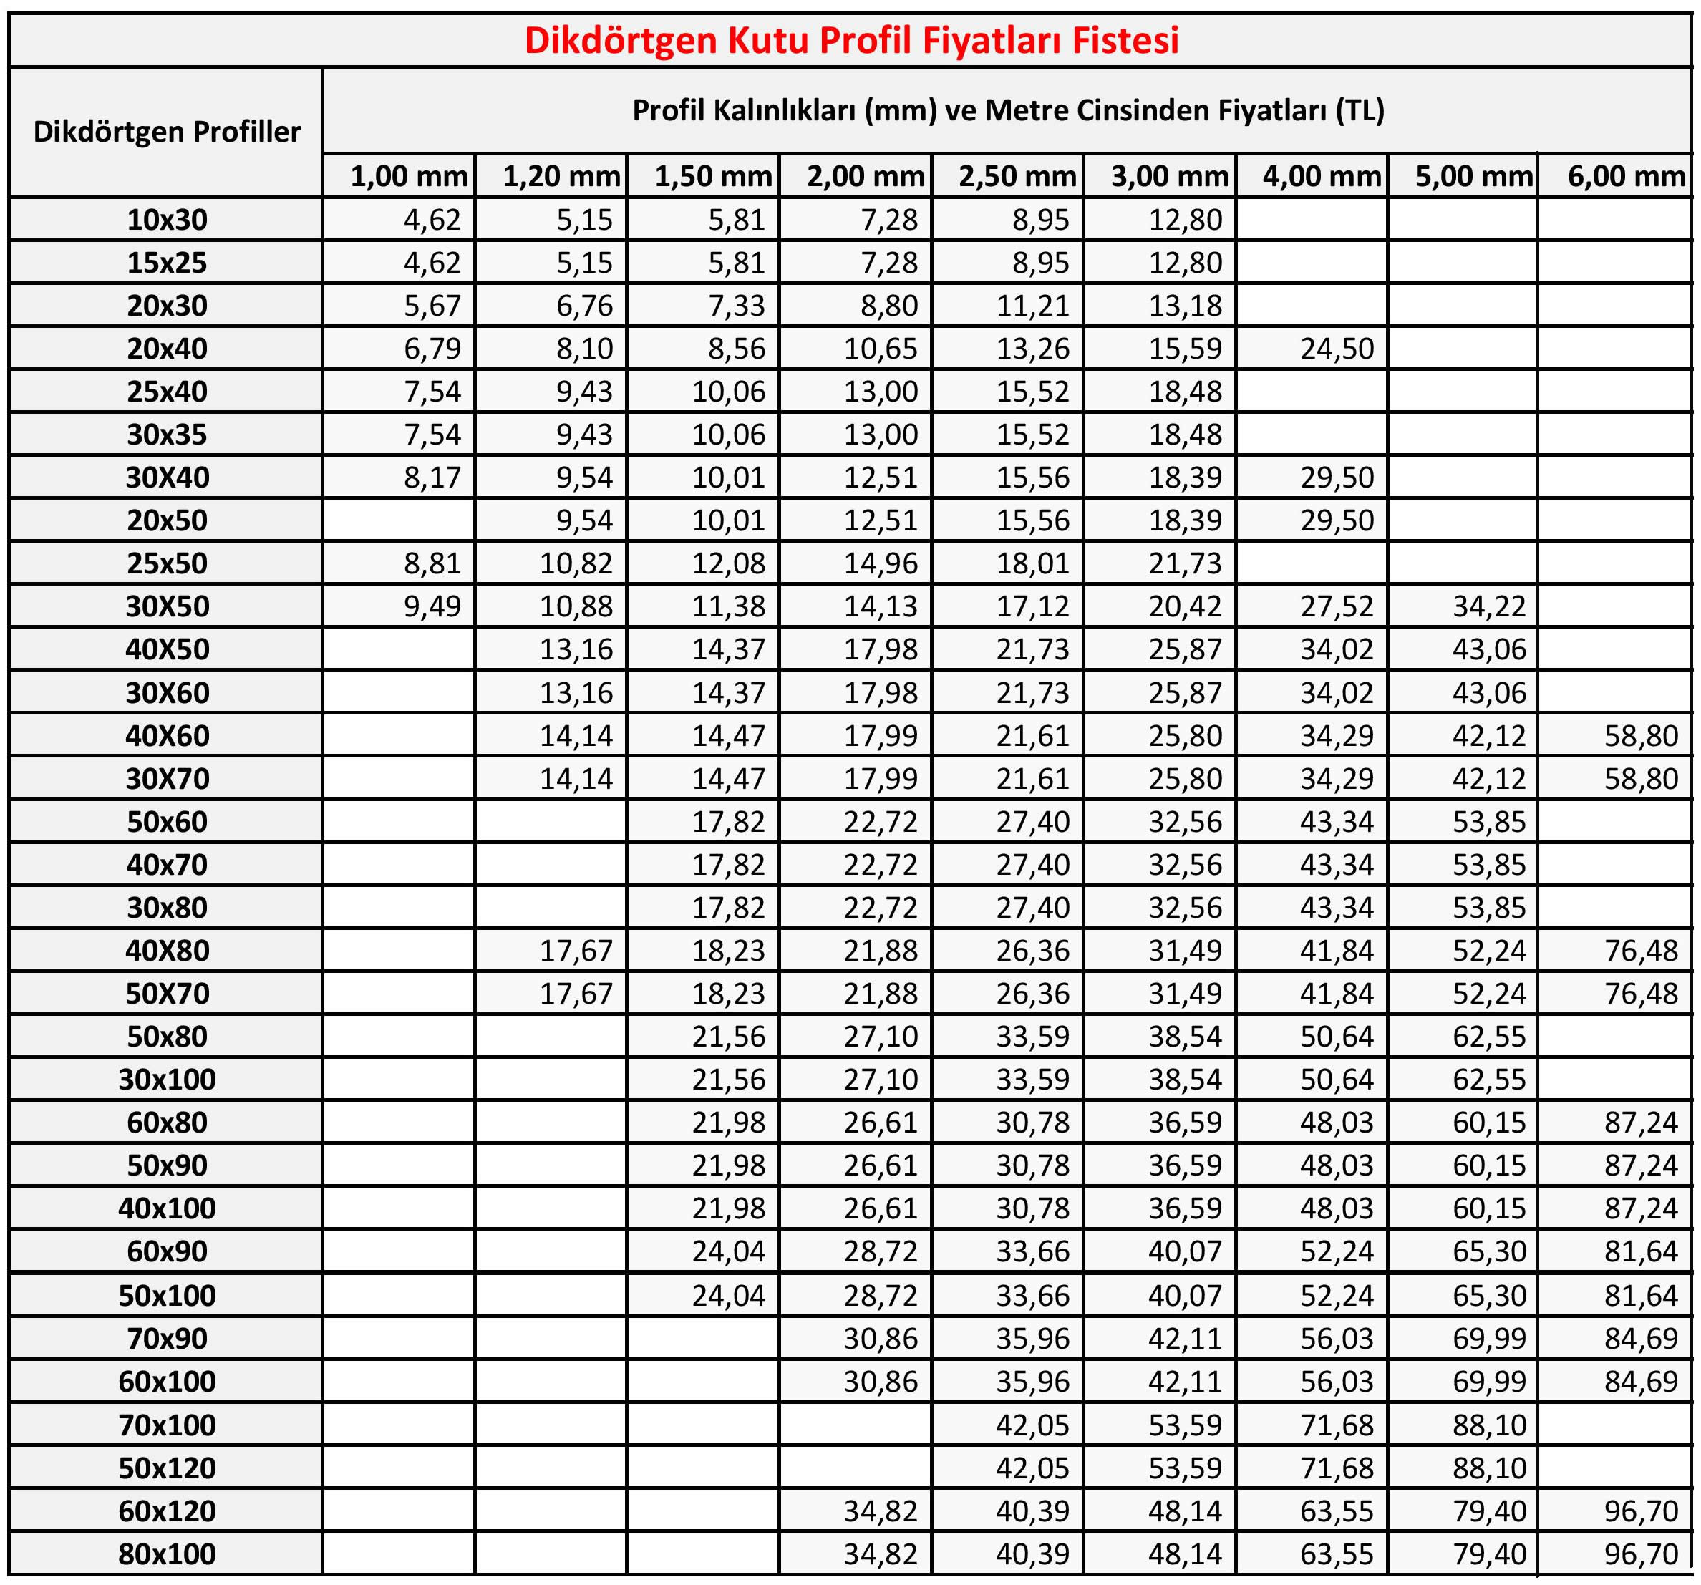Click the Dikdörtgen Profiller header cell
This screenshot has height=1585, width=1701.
point(167,132)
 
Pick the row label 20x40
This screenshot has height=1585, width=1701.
point(167,349)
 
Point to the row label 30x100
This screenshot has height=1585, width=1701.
point(167,1079)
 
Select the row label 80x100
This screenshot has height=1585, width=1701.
point(167,1554)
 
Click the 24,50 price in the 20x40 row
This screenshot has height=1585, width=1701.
point(1337,349)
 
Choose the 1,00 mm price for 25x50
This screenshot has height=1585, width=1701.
point(432,564)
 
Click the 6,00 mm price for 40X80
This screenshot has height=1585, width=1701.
point(1641,951)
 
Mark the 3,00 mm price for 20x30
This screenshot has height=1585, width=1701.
point(1185,306)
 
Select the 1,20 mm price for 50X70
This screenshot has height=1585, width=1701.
point(576,994)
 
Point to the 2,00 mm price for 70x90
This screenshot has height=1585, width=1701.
point(881,1339)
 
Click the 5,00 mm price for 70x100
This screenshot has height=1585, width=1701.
point(1489,1425)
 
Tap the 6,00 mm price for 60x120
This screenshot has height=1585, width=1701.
point(1641,1511)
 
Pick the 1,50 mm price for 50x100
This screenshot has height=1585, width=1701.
point(728,1296)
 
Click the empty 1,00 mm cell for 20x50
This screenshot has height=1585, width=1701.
point(399,520)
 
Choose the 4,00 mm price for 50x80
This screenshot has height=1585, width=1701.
point(1337,1037)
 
